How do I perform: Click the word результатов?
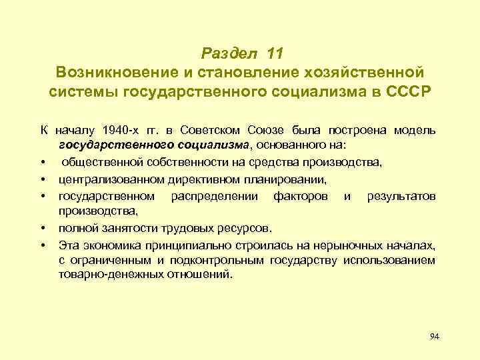401,196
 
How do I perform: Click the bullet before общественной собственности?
42,162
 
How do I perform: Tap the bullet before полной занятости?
42,229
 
